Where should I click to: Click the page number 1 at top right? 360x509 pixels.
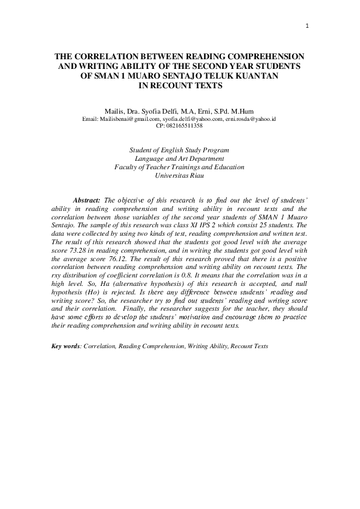pos(308,25)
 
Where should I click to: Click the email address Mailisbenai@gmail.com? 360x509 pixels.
pos(125,119)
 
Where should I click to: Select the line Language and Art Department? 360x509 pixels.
pos(180,158)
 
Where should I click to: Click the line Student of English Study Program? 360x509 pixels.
pos(180,150)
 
